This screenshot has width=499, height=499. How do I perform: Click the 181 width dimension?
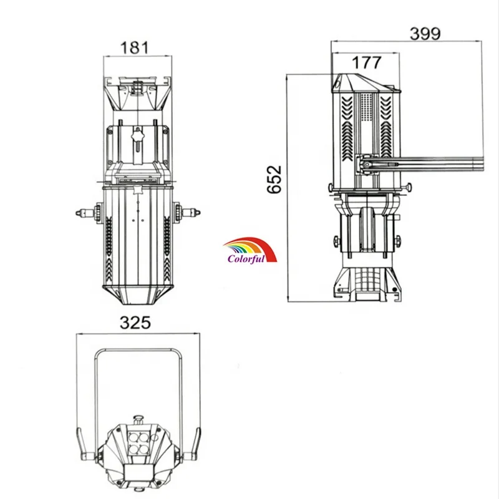[x=134, y=48]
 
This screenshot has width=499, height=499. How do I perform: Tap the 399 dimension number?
[x=425, y=34]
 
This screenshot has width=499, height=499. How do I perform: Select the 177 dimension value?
[x=366, y=62]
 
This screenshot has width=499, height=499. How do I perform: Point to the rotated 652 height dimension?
[x=274, y=179]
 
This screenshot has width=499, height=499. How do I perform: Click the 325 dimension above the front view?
[x=135, y=322]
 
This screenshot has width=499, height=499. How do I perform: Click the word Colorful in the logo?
[x=246, y=258]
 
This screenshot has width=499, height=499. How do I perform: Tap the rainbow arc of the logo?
[x=251, y=246]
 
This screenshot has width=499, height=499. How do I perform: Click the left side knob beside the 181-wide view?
[x=89, y=212]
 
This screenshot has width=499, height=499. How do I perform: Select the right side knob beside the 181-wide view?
[x=187, y=211]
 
